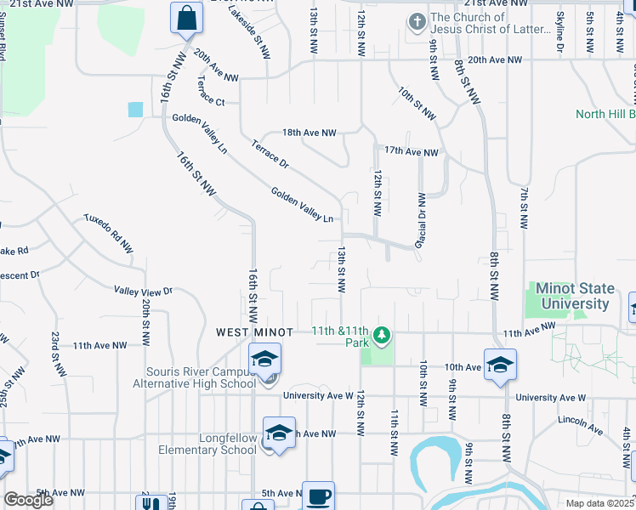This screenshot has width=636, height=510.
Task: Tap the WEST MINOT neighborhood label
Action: (254, 331)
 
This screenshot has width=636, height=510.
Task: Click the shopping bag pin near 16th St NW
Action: (186, 17)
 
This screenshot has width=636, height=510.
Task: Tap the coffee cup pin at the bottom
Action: (318, 496)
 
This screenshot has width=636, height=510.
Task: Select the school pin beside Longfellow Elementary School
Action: (279, 433)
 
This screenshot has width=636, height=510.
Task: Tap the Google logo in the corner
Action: (29, 500)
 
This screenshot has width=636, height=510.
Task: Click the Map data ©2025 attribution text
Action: (599, 503)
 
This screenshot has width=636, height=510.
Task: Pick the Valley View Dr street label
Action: (143, 291)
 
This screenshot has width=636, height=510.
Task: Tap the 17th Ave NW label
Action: (411, 152)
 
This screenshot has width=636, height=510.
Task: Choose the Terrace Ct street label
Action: (208, 102)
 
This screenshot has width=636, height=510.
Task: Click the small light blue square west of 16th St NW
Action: (136, 109)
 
